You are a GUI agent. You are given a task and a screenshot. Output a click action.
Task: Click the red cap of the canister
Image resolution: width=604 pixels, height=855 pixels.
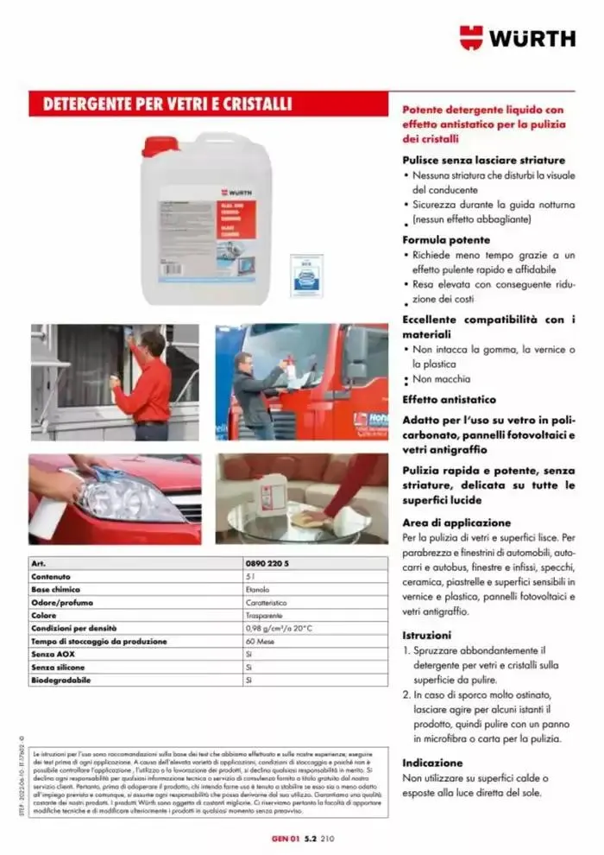coord(160,145)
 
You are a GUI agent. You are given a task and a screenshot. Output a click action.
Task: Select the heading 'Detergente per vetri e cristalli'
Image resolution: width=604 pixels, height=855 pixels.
coord(162,104)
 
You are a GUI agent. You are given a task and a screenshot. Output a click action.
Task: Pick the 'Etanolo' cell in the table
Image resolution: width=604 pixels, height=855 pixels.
coord(257,589)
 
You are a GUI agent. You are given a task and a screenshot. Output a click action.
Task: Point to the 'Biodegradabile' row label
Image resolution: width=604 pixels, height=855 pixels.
coord(61,680)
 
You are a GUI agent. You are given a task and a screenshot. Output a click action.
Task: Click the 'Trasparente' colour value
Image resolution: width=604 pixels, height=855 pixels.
coord(263,615)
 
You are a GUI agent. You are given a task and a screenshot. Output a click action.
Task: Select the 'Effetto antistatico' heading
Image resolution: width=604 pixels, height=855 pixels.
coord(450,400)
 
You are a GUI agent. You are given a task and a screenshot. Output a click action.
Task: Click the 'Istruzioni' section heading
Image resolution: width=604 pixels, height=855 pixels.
coord(427,634)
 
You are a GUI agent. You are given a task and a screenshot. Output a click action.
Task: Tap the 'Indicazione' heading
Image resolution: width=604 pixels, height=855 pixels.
coord(434,763)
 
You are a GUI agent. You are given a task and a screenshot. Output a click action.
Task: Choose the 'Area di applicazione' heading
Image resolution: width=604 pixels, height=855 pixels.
coord(456,522)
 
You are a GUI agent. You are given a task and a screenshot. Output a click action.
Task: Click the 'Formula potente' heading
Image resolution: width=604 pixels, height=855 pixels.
coord(446,239)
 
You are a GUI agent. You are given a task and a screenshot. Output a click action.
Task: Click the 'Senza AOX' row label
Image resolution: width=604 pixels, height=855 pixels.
coord(53,654)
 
